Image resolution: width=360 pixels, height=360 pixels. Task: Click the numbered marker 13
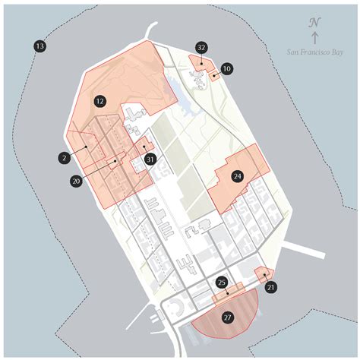[40, 47]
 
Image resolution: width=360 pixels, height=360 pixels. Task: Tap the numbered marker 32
[201, 48]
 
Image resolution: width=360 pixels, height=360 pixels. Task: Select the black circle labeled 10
[227, 68]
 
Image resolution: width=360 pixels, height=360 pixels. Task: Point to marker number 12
[99, 100]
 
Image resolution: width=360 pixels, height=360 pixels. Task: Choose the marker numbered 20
[76, 182]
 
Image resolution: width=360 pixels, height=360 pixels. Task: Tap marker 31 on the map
[150, 159]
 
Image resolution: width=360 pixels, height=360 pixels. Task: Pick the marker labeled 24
[238, 176]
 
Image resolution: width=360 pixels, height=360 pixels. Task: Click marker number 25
[222, 283]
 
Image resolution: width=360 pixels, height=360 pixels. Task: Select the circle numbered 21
[271, 287]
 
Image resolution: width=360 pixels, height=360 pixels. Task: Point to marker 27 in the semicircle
[227, 317]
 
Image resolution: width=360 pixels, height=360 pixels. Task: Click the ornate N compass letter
[314, 23]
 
